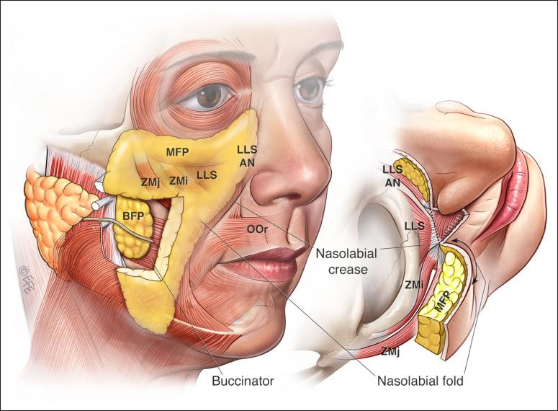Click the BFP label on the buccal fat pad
pos(133,216)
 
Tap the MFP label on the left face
pos(177,152)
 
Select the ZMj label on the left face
pos(150,182)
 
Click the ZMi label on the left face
pos(179,181)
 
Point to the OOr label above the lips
pos(257,230)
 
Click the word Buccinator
pos(243,381)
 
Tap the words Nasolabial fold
pos(420,381)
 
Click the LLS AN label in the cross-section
pos(392,176)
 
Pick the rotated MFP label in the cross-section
pos(441,301)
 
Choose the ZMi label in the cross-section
pos(415,285)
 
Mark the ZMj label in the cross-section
pos(390,351)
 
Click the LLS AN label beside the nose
pos(247,156)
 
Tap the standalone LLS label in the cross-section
pos(414,226)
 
